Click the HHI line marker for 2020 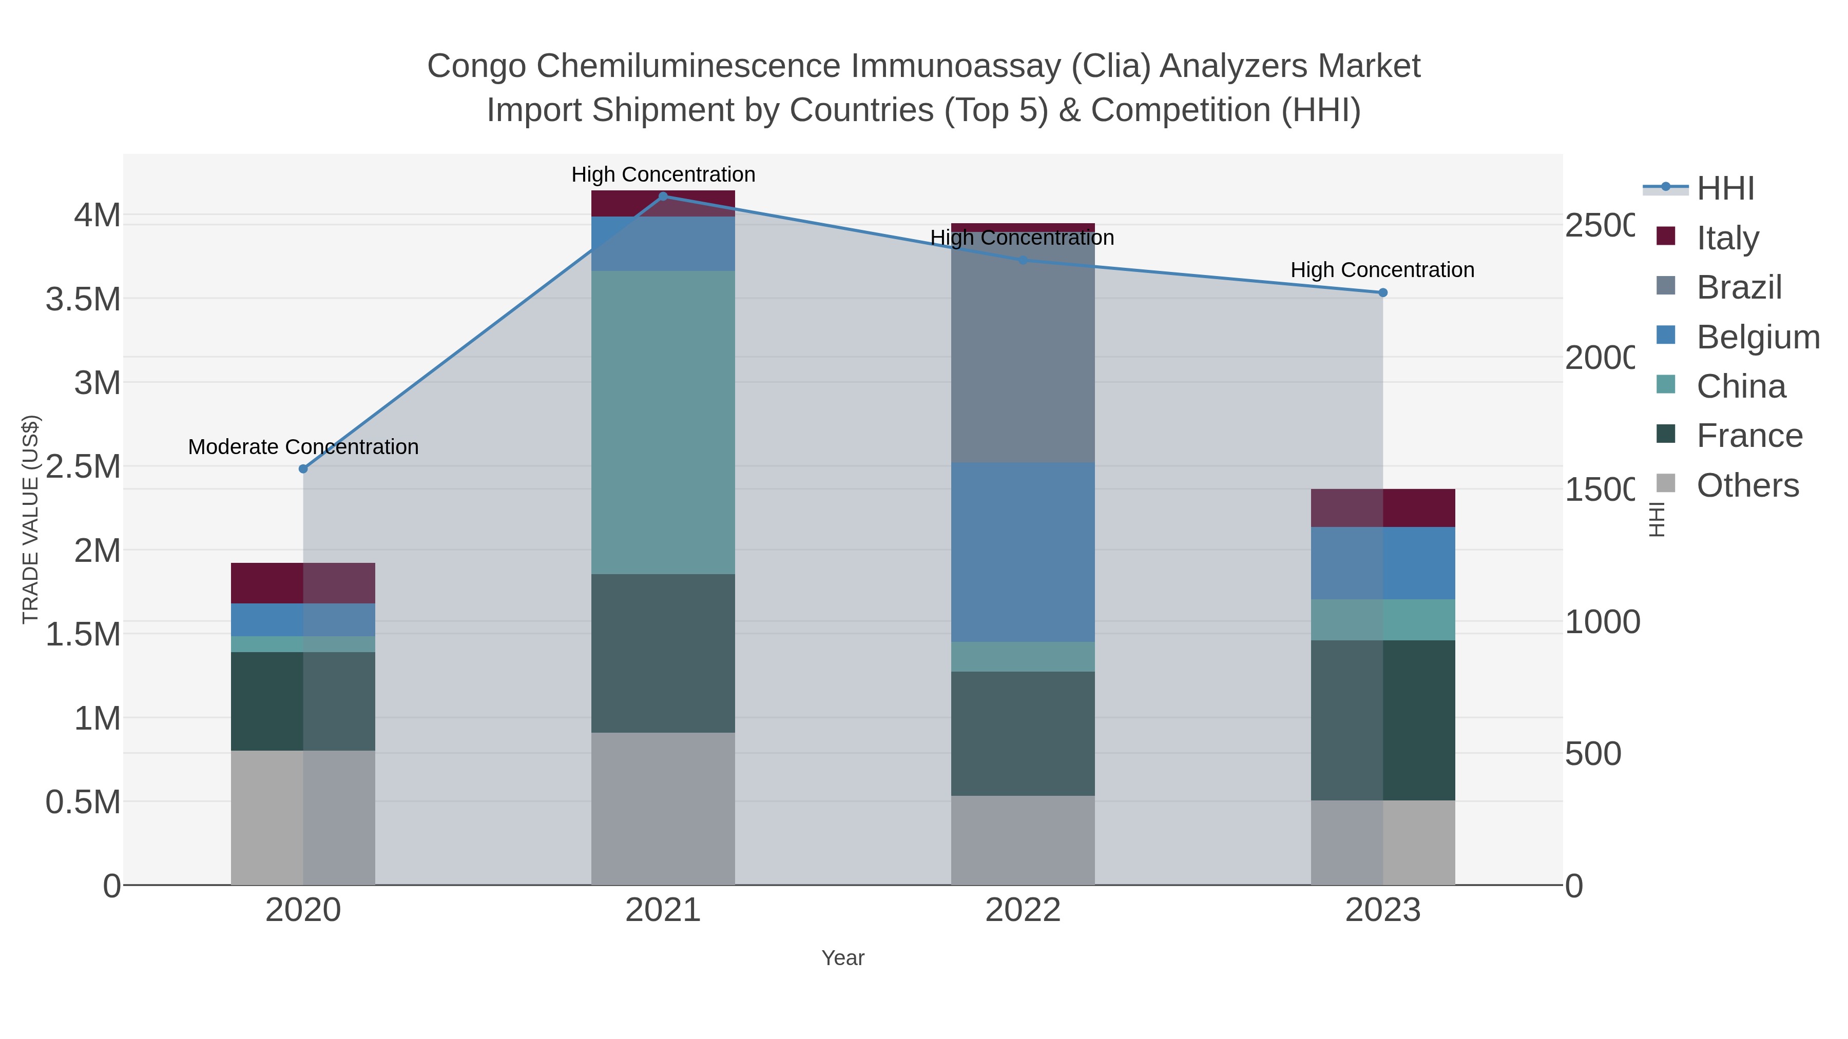click(x=303, y=469)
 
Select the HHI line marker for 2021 click(x=663, y=196)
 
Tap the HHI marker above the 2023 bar click(x=1383, y=292)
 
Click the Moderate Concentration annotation click(x=303, y=447)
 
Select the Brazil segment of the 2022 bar click(x=1023, y=351)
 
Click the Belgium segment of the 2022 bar click(x=1023, y=552)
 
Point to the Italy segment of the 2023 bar click(x=1383, y=507)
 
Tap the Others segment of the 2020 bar click(x=303, y=817)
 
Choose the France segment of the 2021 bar click(x=663, y=653)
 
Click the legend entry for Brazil click(x=1739, y=287)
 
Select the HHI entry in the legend click(x=1725, y=188)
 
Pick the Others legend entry click(x=1747, y=485)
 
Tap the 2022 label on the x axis click(x=1023, y=911)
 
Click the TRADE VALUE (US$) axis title click(x=30, y=519)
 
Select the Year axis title click(x=843, y=958)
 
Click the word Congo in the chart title click(x=478, y=66)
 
